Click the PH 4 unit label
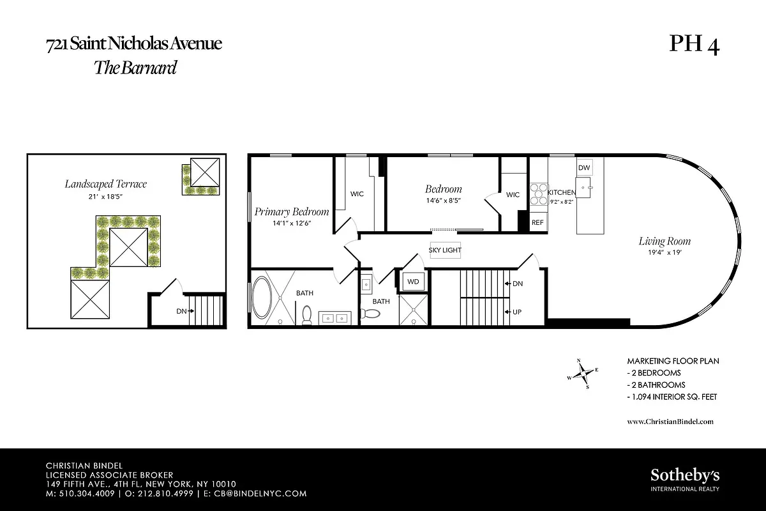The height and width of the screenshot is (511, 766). [x=694, y=45]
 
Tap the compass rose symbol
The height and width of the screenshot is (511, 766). [x=583, y=374]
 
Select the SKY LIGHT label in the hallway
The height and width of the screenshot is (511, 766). [x=445, y=250]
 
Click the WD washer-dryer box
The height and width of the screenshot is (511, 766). [x=413, y=281]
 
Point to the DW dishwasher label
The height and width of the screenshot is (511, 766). [x=583, y=167]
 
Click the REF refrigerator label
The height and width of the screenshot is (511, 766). [x=537, y=223]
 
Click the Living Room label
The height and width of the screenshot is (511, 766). [x=665, y=241]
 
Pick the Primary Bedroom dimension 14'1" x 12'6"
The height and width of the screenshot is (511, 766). [x=291, y=224]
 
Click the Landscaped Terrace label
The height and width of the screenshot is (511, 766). [x=105, y=184]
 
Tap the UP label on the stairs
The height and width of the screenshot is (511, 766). [x=518, y=312]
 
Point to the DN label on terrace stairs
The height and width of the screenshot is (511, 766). [x=181, y=312]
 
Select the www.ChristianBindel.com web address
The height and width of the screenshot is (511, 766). [x=670, y=422]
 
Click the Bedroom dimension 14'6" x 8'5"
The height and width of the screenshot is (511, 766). [x=443, y=201]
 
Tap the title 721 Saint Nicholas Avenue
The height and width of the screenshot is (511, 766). [x=134, y=45]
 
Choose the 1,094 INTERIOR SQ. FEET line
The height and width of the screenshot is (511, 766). [x=672, y=397]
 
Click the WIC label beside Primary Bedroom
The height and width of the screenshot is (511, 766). [x=357, y=194]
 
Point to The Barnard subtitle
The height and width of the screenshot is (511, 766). [x=135, y=68]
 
